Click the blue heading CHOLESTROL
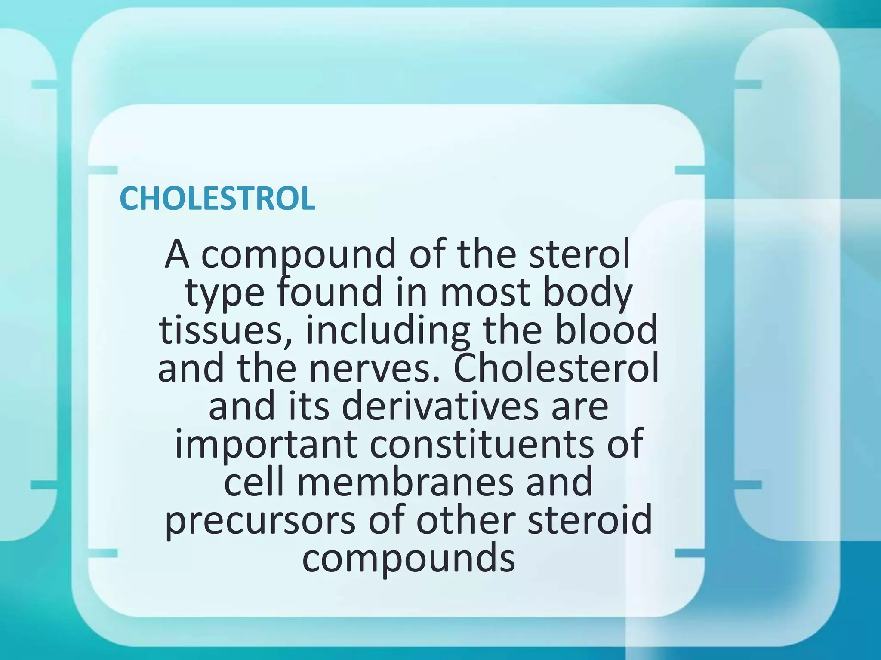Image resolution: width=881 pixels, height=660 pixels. (217, 199)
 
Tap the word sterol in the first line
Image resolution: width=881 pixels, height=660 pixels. (579, 254)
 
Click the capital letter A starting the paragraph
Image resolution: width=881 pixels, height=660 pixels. (177, 254)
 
